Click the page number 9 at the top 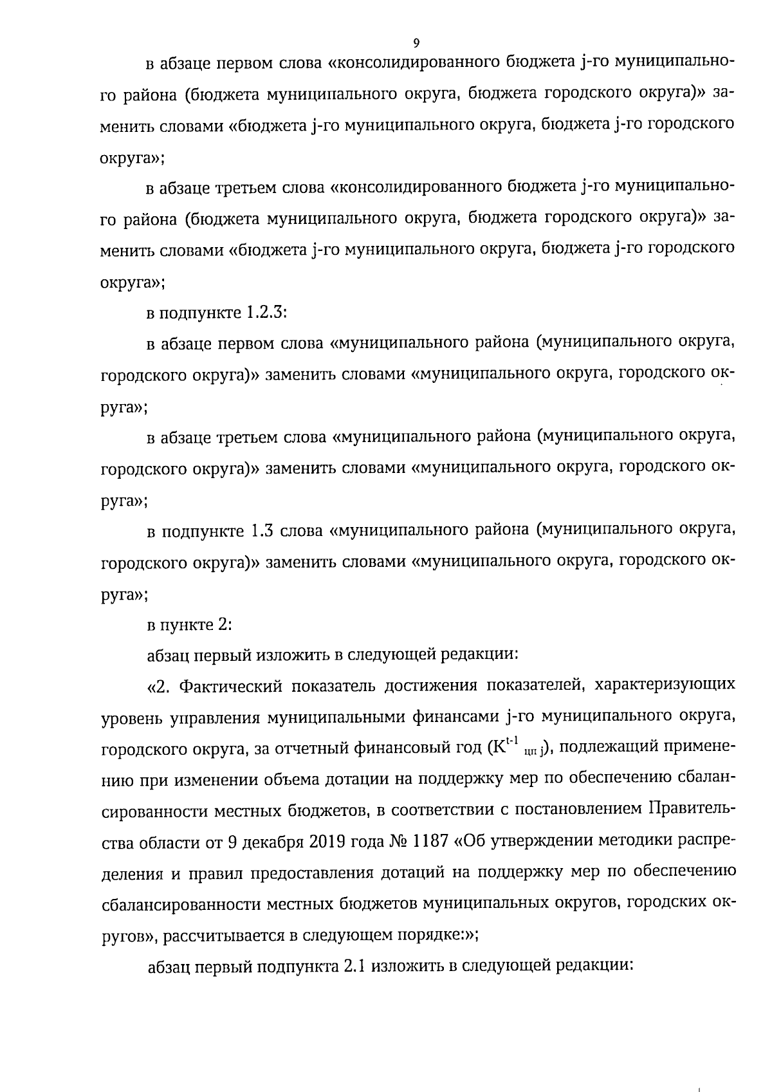[416, 43]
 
